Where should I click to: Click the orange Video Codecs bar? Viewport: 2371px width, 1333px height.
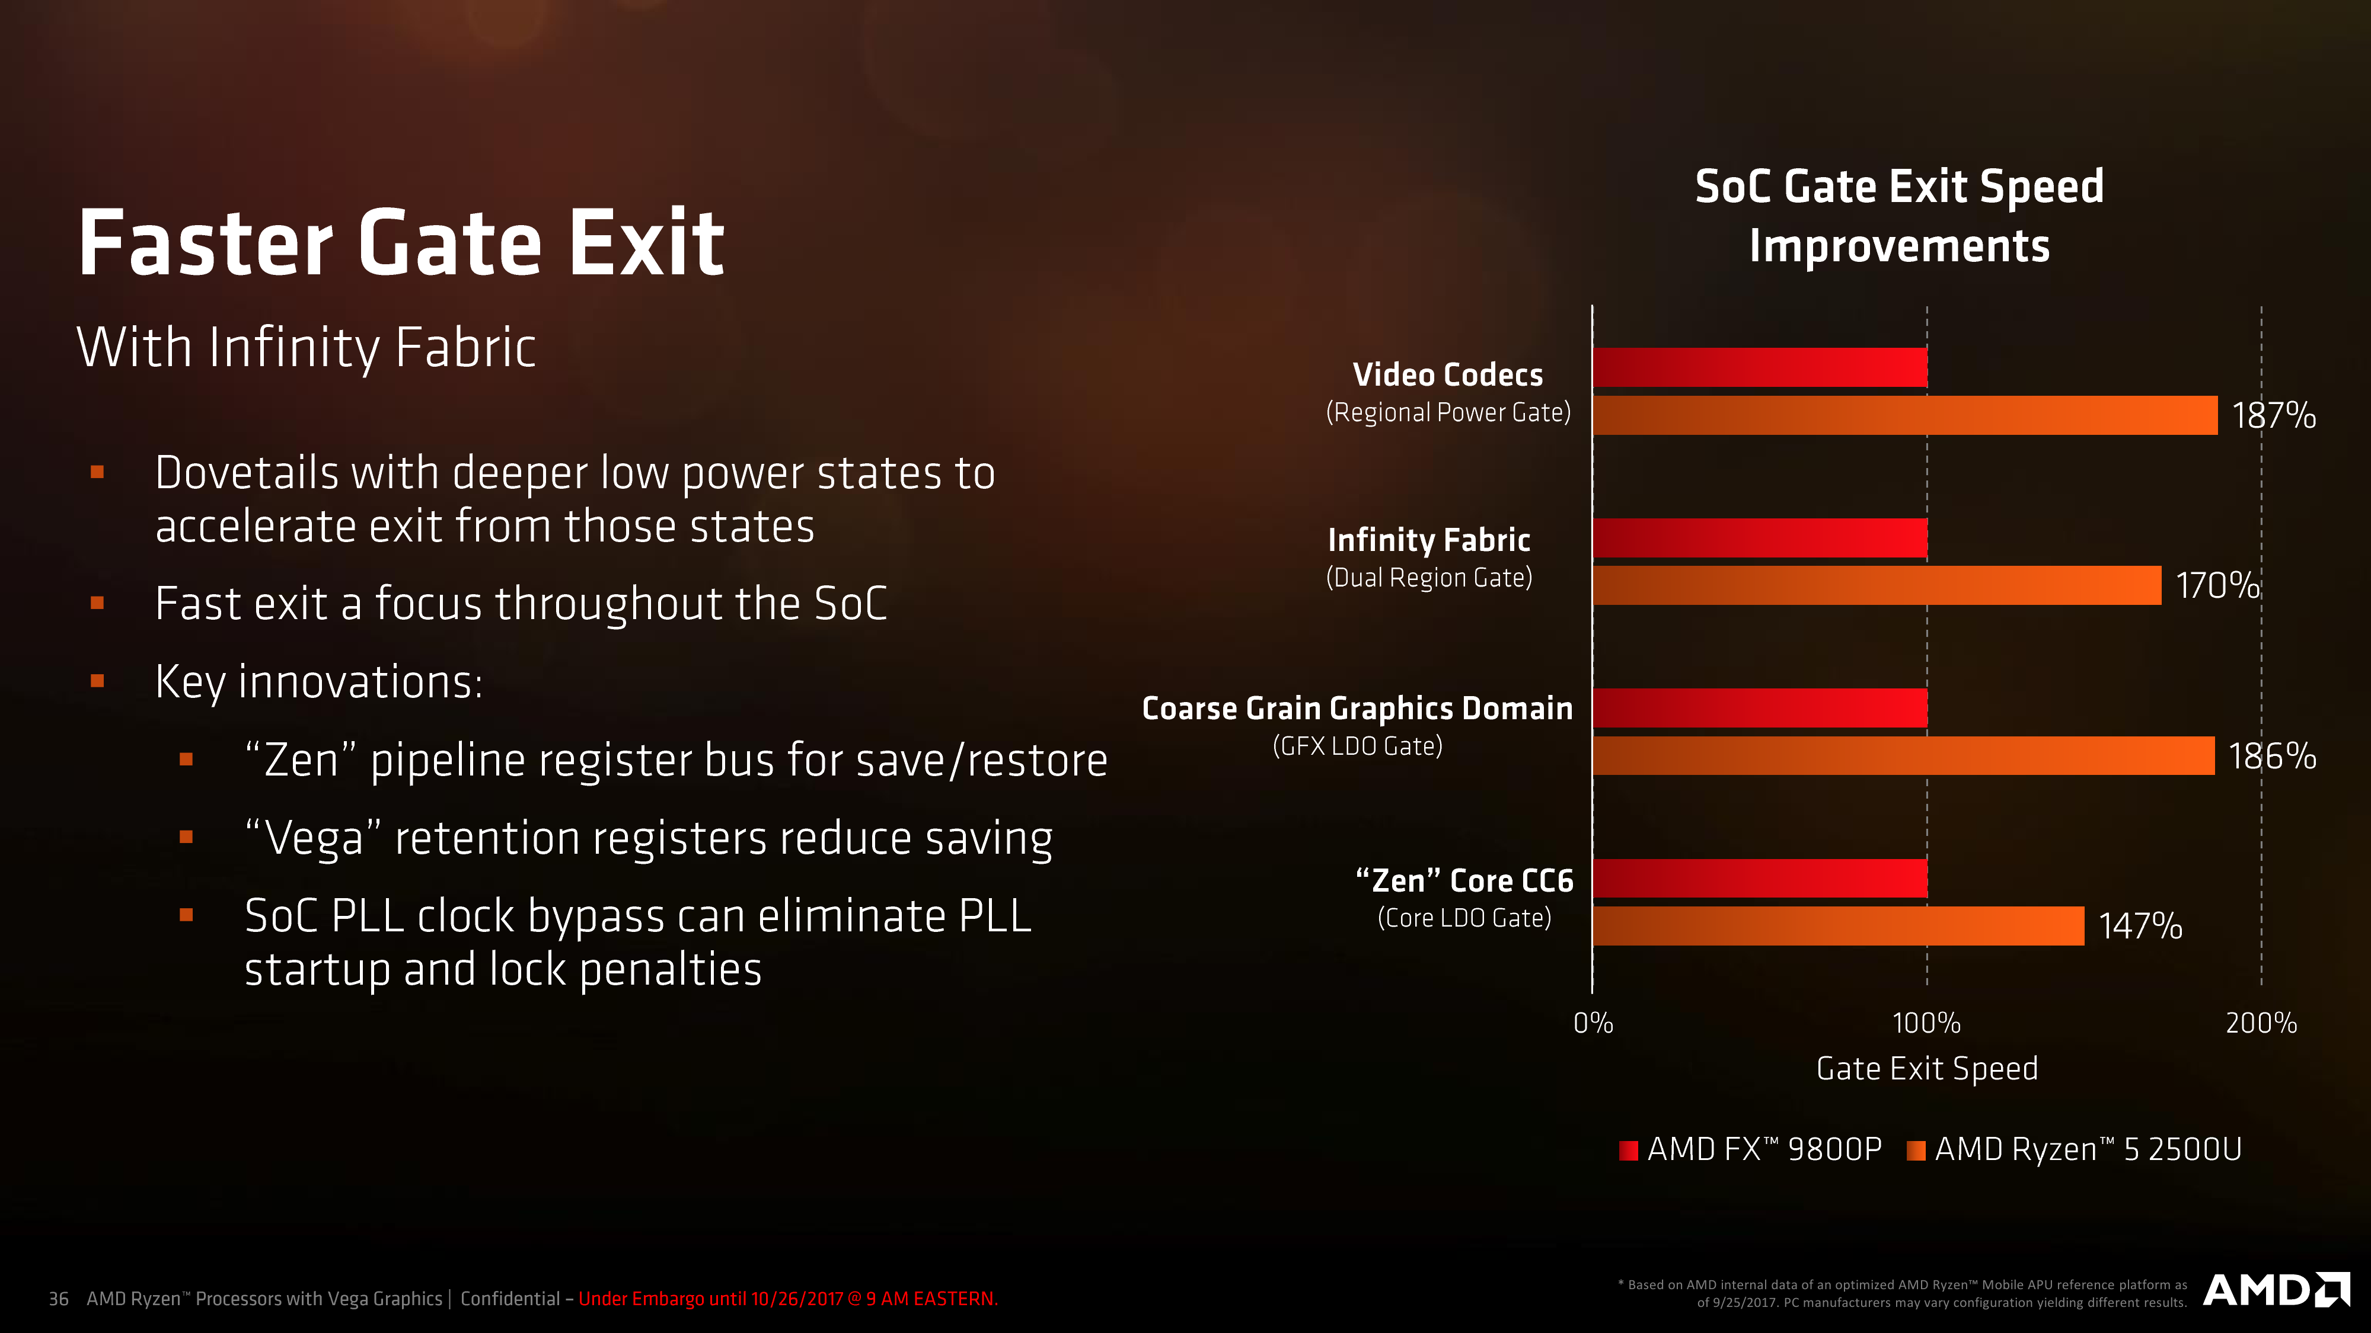pyautogui.click(x=1905, y=415)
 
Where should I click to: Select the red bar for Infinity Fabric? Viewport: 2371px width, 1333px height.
pyautogui.click(x=1760, y=538)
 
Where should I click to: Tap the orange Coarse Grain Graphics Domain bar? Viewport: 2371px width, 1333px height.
pyautogui.click(x=1903, y=755)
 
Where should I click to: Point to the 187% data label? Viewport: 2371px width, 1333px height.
pyautogui.click(x=2273, y=415)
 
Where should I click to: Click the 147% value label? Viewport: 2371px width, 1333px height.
pyautogui.click(x=2140, y=925)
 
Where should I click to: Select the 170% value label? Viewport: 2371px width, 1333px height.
pyautogui.click(x=2217, y=585)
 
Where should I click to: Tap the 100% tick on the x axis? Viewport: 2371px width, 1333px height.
pyautogui.click(x=1926, y=1023)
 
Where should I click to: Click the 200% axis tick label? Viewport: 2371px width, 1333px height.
pyautogui.click(x=2261, y=1023)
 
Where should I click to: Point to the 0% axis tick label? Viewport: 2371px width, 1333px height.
pyautogui.click(x=1593, y=1023)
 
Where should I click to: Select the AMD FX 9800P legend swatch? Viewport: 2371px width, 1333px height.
pyautogui.click(x=1628, y=1150)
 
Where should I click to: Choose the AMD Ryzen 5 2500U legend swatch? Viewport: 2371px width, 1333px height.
pyautogui.click(x=1916, y=1150)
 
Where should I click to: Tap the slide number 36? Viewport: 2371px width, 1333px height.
pyautogui.click(x=58, y=1299)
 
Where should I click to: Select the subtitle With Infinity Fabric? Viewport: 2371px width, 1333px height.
pyautogui.click(x=307, y=348)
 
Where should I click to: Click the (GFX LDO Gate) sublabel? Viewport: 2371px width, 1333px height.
pyautogui.click(x=1358, y=746)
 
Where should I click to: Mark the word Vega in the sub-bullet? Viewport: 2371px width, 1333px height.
pyautogui.click(x=314, y=839)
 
